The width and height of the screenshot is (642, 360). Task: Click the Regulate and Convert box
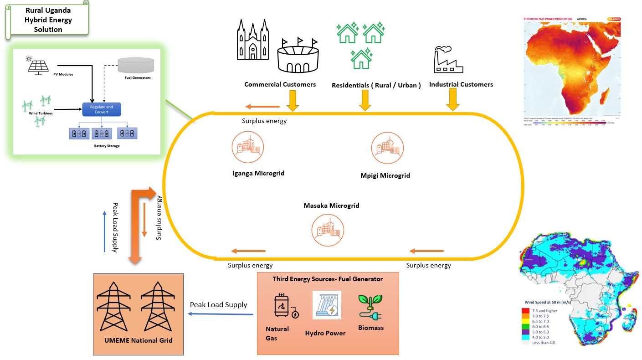click(x=101, y=109)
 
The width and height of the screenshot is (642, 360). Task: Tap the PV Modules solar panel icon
click(x=38, y=65)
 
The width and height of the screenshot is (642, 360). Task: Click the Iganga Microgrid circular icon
click(x=247, y=147)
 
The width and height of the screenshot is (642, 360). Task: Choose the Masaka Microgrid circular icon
click(x=328, y=230)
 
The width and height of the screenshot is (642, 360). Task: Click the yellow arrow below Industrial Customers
click(x=452, y=99)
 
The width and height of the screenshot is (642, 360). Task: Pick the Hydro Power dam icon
click(x=327, y=305)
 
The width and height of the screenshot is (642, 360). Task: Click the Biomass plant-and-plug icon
click(x=370, y=305)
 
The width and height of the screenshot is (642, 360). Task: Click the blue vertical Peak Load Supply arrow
click(x=104, y=231)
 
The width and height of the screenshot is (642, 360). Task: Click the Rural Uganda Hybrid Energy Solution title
click(x=48, y=20)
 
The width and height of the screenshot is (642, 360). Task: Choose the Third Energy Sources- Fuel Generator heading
click(x=328, y=279)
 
